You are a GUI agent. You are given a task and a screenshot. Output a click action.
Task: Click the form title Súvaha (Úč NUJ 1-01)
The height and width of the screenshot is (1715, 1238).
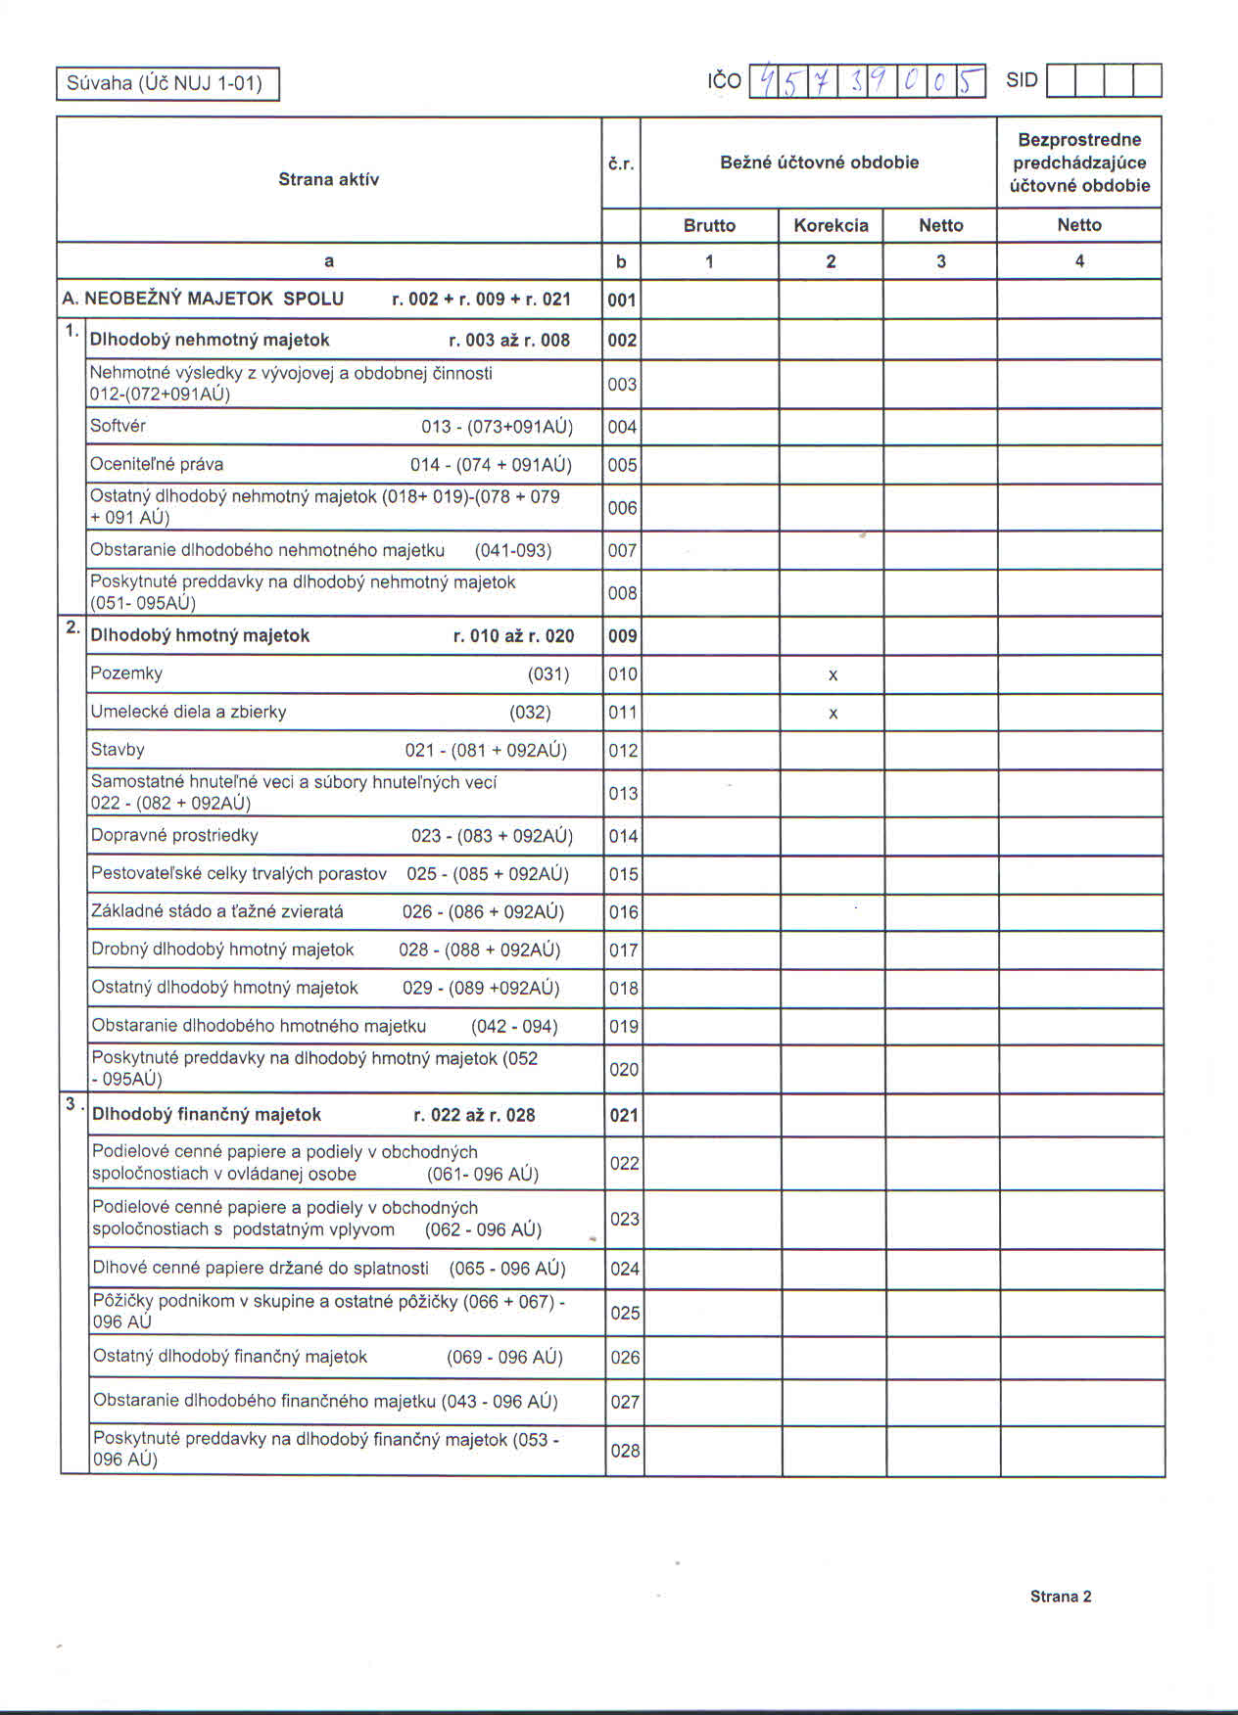coord(165,83)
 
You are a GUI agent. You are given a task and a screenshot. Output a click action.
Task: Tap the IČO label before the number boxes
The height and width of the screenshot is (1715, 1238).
coord(724,81)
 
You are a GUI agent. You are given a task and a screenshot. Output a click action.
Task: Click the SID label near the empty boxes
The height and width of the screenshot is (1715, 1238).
coord(1022,80)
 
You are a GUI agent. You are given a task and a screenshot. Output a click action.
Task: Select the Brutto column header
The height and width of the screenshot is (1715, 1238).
coord(709,225)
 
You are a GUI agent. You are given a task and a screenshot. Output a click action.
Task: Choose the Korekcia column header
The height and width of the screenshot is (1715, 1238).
coord(831,225)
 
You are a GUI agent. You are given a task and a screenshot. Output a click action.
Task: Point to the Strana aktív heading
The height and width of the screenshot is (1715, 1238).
coord(328,179)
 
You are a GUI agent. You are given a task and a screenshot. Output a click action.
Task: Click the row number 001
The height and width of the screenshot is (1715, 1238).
coord(622,300)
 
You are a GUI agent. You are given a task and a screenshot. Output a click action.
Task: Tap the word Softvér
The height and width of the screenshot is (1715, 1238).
coord(118,426)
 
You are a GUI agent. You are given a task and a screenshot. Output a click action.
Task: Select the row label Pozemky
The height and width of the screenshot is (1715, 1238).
coord(126,673)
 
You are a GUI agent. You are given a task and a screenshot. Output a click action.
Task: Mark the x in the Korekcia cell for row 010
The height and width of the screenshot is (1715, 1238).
coord(833,675)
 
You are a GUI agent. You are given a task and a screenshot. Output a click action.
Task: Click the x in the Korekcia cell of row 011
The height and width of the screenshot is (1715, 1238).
coord(833,714)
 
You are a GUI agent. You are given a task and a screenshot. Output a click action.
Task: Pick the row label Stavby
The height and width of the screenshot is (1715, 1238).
coord(118,750)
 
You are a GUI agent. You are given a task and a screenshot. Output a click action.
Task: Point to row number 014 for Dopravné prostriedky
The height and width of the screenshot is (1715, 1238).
coord(623,836)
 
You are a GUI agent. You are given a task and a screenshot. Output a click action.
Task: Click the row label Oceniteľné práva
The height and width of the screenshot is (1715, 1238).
coord(157,464)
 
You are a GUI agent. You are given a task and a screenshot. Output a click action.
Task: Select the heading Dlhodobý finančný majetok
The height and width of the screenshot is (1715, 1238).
coord(207,1115)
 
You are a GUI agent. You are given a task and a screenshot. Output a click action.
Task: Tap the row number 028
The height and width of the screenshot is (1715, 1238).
coord(625,1451)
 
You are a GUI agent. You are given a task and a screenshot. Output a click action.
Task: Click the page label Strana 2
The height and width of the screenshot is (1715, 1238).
coord(1061,1597)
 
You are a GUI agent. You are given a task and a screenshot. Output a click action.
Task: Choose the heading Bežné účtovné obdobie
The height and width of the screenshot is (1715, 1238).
coord(819,162)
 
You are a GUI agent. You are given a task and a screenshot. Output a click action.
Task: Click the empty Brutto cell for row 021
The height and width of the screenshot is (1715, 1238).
coord(712,1115)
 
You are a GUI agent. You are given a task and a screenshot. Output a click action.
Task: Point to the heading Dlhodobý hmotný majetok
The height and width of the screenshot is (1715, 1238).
coord(200,635)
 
